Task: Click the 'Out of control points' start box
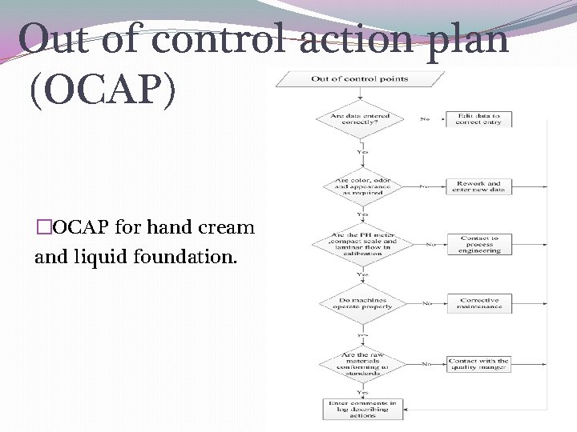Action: [x=360, y=79]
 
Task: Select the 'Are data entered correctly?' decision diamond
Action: [x=362, y=119]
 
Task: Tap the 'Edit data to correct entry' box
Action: [x=479, y=119]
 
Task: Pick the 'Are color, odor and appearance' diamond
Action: [x=362, y=186]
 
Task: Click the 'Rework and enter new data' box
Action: [x=479, y=186]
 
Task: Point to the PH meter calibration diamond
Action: [x=362, y=243]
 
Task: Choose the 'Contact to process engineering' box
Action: [x=479, y=244]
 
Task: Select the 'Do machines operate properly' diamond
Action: [x=362, y=304]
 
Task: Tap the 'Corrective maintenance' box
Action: [x=479, y=304]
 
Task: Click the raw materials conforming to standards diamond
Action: [x=362, y=364]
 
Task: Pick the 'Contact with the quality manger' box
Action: [x=479, y=364]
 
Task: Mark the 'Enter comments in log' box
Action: [x=362, y=410]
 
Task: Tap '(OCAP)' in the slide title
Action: [x=101, y=92]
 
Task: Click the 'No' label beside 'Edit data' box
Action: [x=424, y=119]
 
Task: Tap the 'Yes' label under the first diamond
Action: [x=362, y=151]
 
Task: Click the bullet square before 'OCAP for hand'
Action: [x=42, y=228]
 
